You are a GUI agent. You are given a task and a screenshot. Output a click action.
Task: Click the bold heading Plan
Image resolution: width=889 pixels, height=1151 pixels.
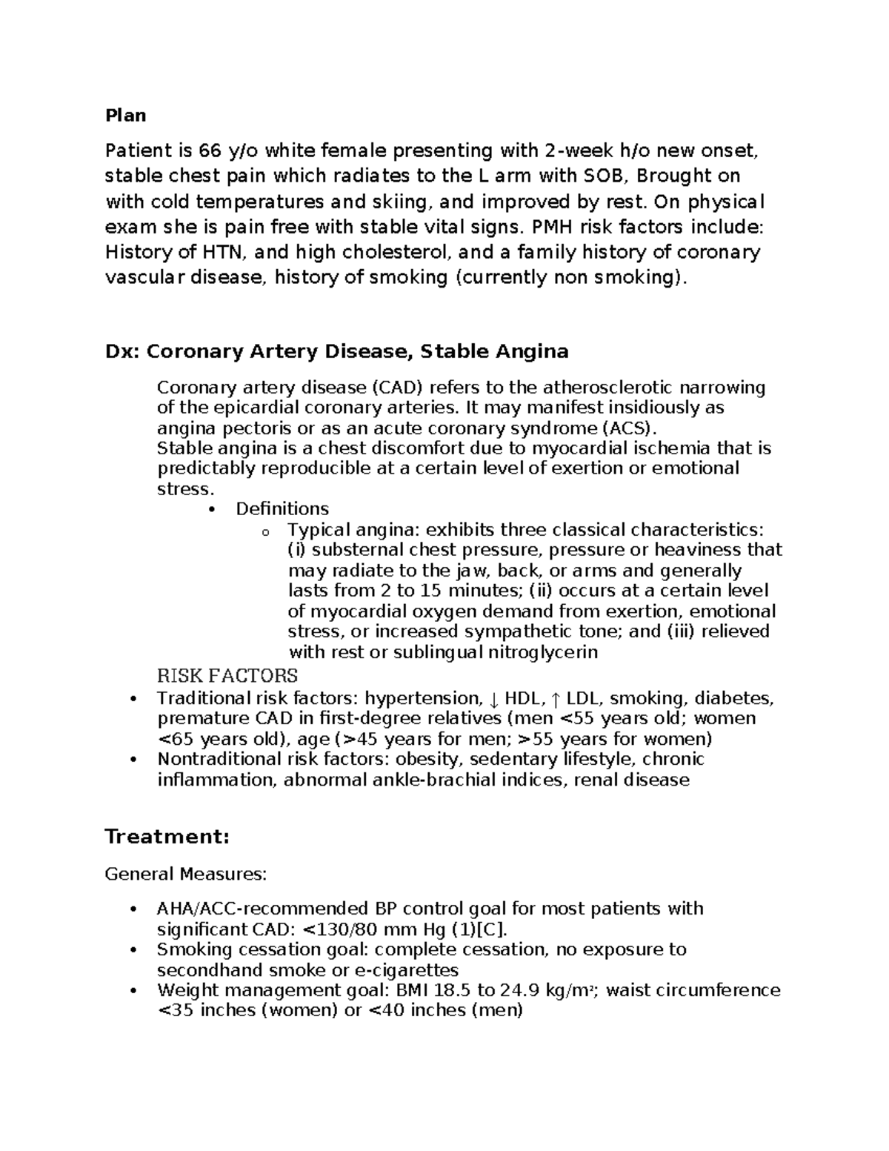(125, 116)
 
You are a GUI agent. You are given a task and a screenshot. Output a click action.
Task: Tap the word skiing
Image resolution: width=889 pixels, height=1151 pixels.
(410, 202)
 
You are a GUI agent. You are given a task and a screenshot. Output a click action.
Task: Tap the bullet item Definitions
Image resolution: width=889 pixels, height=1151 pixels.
(282, 509)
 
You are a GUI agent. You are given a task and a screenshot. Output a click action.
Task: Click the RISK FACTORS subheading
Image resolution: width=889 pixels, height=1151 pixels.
(227, 676)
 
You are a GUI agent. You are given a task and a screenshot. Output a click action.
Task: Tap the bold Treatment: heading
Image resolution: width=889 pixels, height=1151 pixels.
(167, 837)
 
